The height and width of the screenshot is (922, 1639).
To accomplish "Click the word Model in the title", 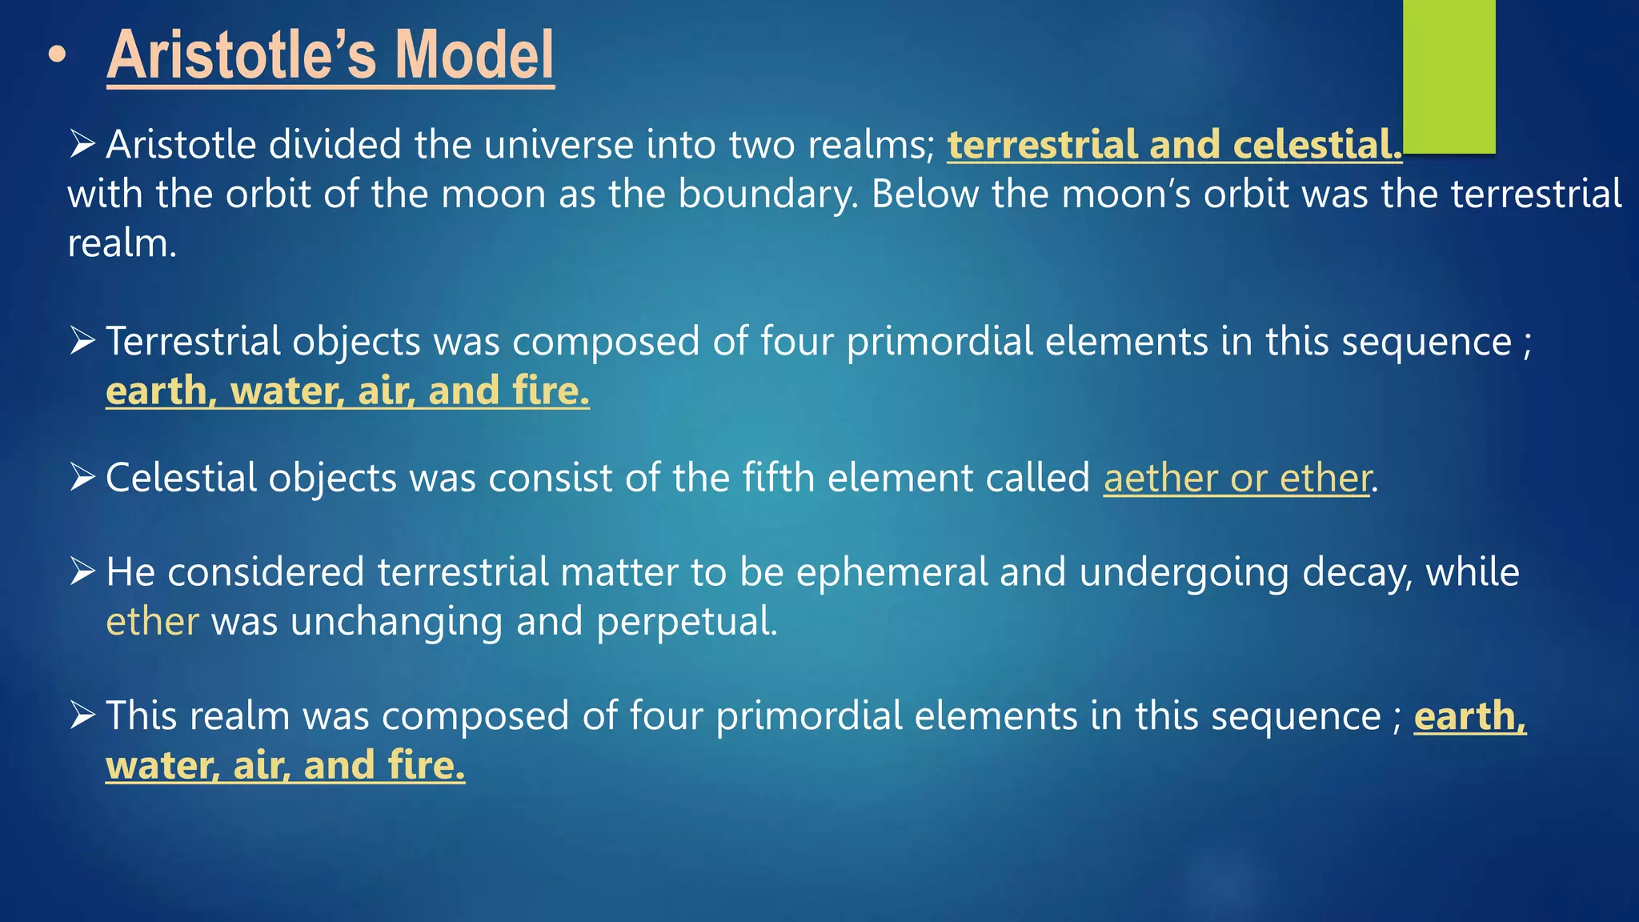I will click(x=474, y=54).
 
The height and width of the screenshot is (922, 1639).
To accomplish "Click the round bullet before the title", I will click(x=57, y=56).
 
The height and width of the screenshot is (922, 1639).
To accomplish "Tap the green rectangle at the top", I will click(x=1449, y=76).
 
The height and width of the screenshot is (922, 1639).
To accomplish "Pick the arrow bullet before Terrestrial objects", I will click(x=82, y=340).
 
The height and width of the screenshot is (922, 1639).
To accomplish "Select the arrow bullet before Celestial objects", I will click(x=82, y=477).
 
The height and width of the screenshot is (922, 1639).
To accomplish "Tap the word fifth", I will click(x=778, y=478).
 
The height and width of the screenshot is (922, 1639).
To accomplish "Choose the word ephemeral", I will click(x=892, y=572).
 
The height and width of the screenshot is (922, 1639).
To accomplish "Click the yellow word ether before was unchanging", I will click(x=152, y=622).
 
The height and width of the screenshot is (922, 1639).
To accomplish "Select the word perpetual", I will click(x=686, y=622).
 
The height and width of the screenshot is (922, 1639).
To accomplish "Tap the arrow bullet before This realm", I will click(x=82, y=715).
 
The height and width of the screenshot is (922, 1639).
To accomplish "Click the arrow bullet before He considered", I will click(x=82, y=571).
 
